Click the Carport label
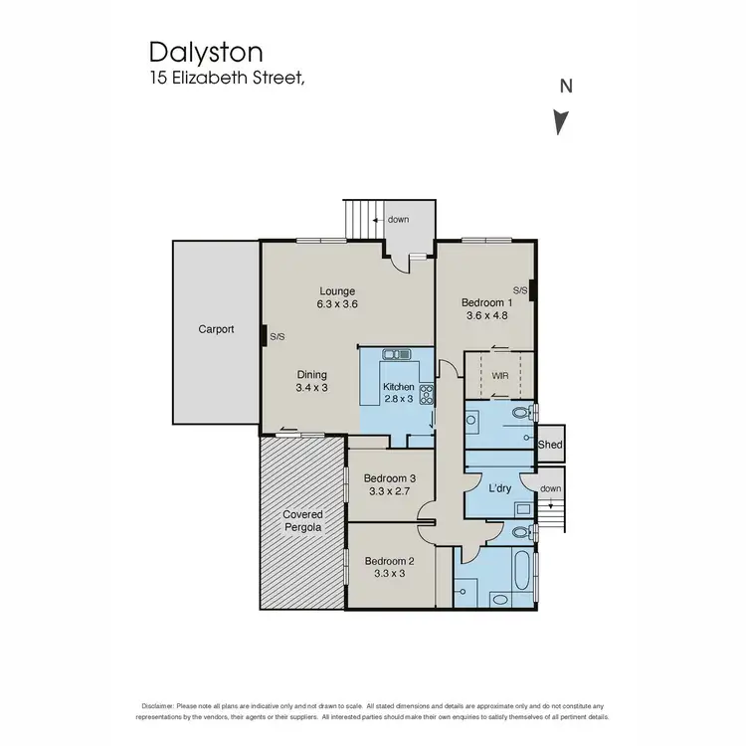pyautogui.click(x=216, y=328)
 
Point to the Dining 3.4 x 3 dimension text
pyautogui.click(x=311, y=388)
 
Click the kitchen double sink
pyautogui.click(x=397, y=354)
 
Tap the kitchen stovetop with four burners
pyautogui.click(x=427, y=394)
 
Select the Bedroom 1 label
pyautogui.click(x=486, y=302)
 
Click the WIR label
pyautogui.click(x=499, y=377)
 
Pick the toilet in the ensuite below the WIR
pyautogui.click(x=521, y=413)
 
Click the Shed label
pyautogui.click(x=550, y=446)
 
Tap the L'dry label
pyautogui.click(x=500, y=488)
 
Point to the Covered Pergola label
pyautogui.click(x=302, y=521)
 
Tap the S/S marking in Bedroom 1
pyautogui.click(x=519, y=289)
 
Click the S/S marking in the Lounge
pyautogui.click(x=278, y=337)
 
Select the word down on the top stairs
pyautogui.click(x=398, y=219)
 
